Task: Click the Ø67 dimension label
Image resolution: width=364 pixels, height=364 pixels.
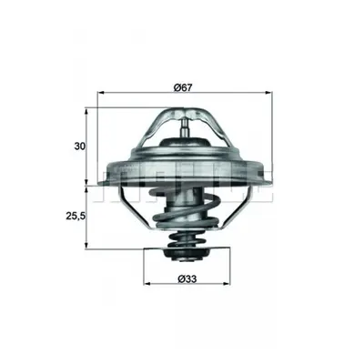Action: [183, 87]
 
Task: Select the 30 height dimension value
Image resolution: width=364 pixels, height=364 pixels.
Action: [80, 147]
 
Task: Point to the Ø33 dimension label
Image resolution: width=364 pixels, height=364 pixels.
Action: [187, 278]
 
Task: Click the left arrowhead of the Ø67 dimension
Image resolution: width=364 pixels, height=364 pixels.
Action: [101, 92]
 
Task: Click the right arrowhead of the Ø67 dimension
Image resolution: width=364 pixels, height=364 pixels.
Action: [268, 92]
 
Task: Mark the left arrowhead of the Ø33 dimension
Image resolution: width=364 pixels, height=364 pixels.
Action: [147, 284]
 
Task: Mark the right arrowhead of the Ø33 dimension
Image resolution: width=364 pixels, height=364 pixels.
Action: [227, 284]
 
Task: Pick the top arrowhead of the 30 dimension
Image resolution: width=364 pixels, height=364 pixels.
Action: [86, 111]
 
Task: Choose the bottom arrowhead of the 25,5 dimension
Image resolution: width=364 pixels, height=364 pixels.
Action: [86, 246]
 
